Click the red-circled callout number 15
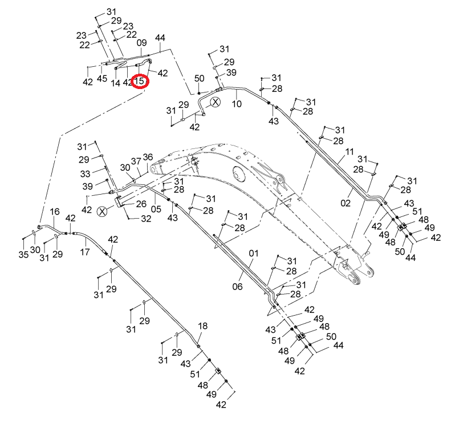pyautogui.click(x=140, y=80)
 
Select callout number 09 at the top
pyautogui.click(x=141, y=43)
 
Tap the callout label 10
pyautogui.click(x=237, y=104)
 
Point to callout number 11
pyautogui.click(x=350, y=152)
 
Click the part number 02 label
pyautogui.click(x=346, y=203)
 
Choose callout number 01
pyautogui.click(x=254, y=253)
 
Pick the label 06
pyautogui.click(x=237, y=287)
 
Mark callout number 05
pyautogui.click(x=156, y=209)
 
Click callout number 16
pyautogui.click(x=55, y=211)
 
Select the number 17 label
pyautogui.click(x=85, y=252)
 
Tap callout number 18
pyautogui.click(x=202, y=326)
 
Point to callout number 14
pyautogui.click(x=115, y=83)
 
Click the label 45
pyautogui.click(x=102, y=78)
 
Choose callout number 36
pyautogui.click(x=148, y=157)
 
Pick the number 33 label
pyautogui.click(x=85, y=174)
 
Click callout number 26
pyautogui.click(x=141, y=204)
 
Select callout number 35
pyautogui.click(x=23, y=255)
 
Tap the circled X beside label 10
pyautogui.click(x=216, y=102)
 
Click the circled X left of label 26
pyautogui.click(x=102, y=212)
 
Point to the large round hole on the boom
pyautogui.click(x=238, y=173)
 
